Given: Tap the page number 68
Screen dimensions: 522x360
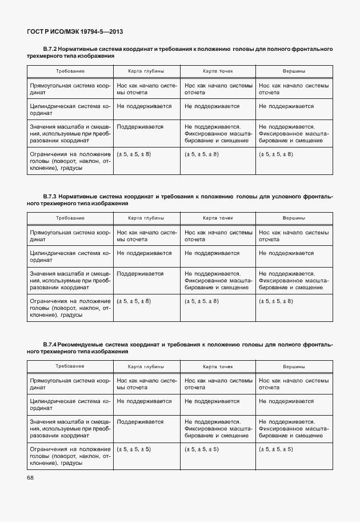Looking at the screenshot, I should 30,477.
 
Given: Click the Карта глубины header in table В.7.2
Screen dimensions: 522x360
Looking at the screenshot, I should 146,71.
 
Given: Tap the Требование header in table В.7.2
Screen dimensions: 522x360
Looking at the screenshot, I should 70,71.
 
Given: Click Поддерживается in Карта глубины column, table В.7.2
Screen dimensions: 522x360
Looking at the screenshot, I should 140,127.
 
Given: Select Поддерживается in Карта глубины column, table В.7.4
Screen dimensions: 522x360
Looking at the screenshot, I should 140,421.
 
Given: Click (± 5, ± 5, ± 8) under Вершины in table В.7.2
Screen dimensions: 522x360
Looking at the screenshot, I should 276,154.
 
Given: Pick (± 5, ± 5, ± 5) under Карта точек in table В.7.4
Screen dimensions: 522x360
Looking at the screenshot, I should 202,449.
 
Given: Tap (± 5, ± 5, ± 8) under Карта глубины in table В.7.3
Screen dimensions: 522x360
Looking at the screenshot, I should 134,301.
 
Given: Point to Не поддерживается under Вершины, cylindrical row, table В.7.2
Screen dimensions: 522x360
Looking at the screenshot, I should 286,106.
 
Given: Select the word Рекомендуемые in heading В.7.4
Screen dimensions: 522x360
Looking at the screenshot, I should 78,344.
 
